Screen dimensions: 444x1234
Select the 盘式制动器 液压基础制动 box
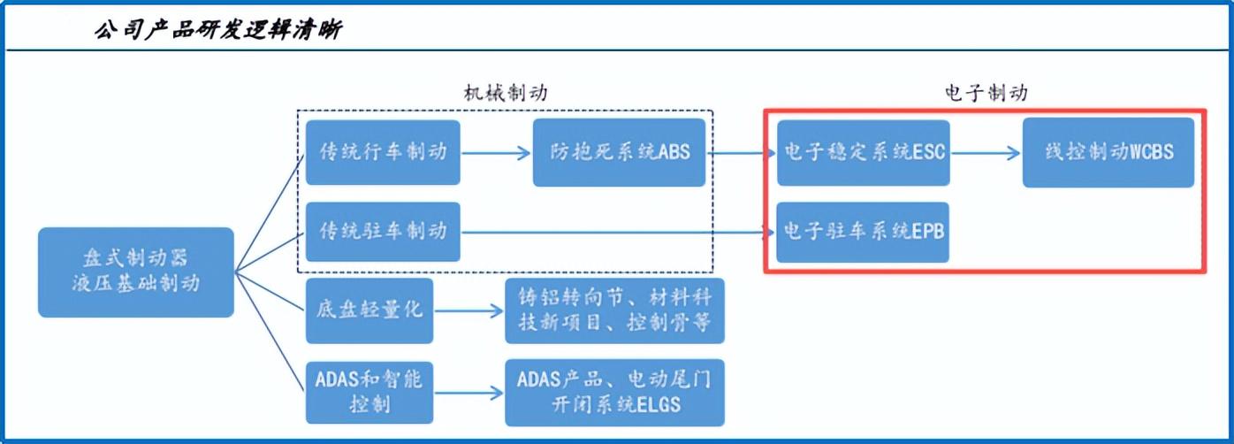coord(135,272)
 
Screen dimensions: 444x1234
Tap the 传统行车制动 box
coord(383,153)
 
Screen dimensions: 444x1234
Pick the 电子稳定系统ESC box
coord(864,153)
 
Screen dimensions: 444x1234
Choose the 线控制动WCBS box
coord(1108,153)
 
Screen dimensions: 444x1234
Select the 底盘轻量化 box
coord(369,311)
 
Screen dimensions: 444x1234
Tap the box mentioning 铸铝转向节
coord(614,311)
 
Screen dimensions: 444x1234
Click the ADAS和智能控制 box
coord(369,392)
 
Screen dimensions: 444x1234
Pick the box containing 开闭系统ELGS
coord(614,392)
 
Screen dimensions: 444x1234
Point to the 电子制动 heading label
coord(985,93)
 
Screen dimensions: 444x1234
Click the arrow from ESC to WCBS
coord(986,153)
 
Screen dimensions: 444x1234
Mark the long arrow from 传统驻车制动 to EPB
coord(619,233)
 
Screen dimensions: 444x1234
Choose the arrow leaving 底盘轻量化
coord(468,311)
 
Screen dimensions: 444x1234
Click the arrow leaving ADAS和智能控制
coord(468,392)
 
